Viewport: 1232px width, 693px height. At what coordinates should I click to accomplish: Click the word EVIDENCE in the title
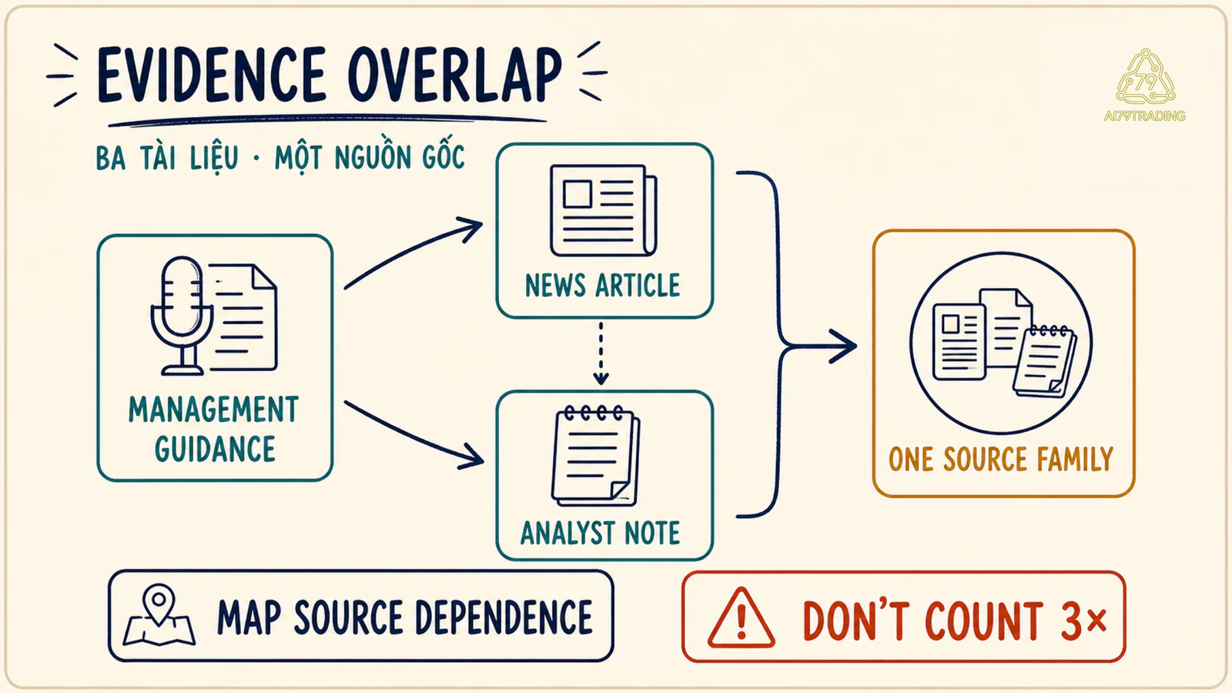pos(211,75)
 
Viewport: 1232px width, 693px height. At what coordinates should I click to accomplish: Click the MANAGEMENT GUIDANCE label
pos(214,430)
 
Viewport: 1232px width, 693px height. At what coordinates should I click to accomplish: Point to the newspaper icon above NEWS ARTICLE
pos(604,210)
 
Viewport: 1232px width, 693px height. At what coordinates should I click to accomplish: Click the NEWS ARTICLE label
pos(603,286)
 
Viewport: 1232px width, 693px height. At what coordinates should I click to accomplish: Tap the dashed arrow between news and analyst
pos(601,353)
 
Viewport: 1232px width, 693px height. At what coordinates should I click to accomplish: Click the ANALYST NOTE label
pos(601,533)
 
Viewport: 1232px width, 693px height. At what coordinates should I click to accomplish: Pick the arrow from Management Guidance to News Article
pos(413,253)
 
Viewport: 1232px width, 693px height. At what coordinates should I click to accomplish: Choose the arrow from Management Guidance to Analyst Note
pos(413,435)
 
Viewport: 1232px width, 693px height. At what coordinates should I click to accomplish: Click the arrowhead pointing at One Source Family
pos(844,346)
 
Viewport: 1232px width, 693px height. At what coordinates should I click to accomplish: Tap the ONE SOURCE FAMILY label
pos(1001,459)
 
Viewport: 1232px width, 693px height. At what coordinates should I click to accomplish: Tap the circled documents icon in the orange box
pos(1001,343)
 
